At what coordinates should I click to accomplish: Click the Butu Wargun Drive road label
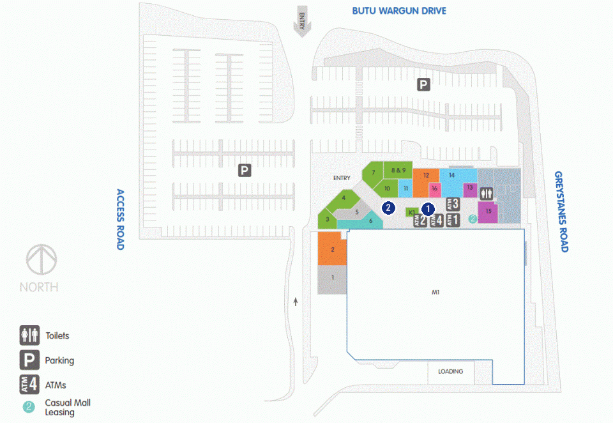pyautogui.click(x=398, y=11)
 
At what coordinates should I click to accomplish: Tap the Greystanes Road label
pyautogui.click(x=561, y=211)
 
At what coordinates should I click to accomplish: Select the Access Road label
pyautogui.click(x=120, y=220)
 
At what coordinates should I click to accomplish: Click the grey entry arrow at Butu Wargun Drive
pyautogui.click(x=302, y=21)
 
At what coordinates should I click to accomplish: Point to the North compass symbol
pyautogui.click(x=42, y=259)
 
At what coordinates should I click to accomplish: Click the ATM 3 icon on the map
pyautogui.click(x=453, y=204)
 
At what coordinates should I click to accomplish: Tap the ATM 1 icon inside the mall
pyautogui.click(x=453, y=220)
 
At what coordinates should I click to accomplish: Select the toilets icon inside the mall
pyautogui.click(x=487, y=194)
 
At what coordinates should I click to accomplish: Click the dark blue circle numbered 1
pyautogui.click(x=428, y=209)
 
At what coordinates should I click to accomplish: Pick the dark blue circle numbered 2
pyautogui.click(x=388, y=208)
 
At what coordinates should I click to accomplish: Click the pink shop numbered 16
pyautogui.click(x=435, y=190)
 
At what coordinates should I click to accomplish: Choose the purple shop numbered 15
pyautogui.click(x=488, y=212)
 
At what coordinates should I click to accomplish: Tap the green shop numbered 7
pyautogui.click(x=372, y=174)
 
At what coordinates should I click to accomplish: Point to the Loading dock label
pyautogui.click(x=450, y=371)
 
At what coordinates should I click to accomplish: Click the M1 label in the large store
pyautogui.click(x=435, y=292)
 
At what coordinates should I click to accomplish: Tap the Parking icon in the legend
pyautogui.click(x=30, y=360)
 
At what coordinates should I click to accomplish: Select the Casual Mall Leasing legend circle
pyautogui.click(x=29, y=407)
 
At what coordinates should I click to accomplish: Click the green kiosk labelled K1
pyautogui.click(x=412, y=212)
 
